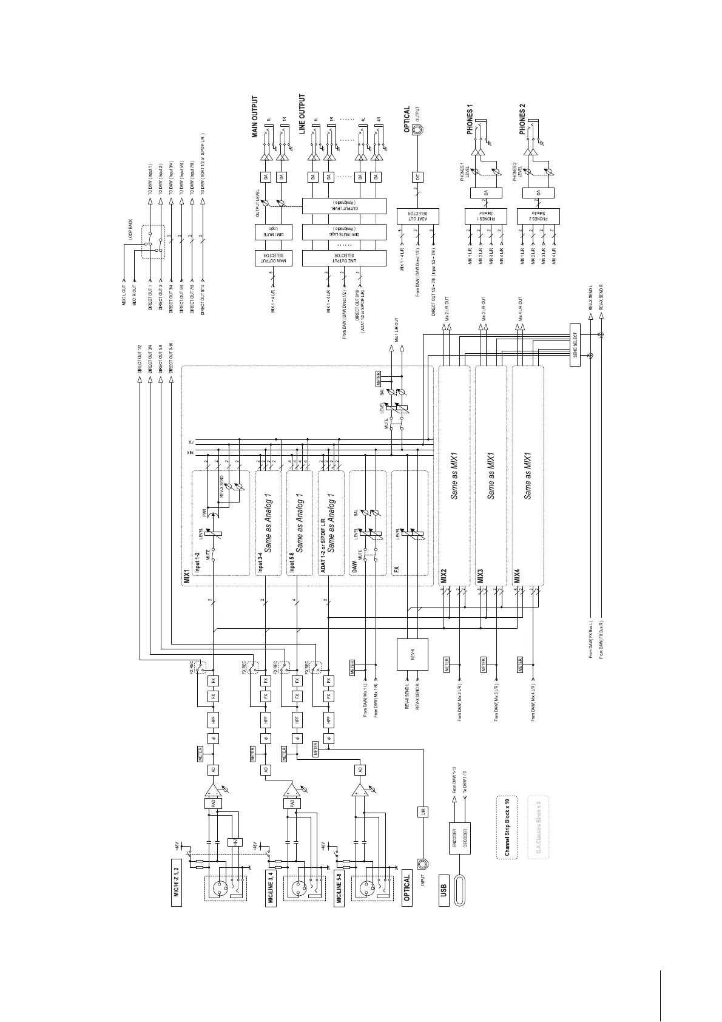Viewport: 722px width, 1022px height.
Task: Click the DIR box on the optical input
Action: (422, 813)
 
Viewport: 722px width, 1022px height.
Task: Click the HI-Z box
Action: (235, 842)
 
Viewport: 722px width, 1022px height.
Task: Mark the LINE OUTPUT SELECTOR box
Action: (344, 258)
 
